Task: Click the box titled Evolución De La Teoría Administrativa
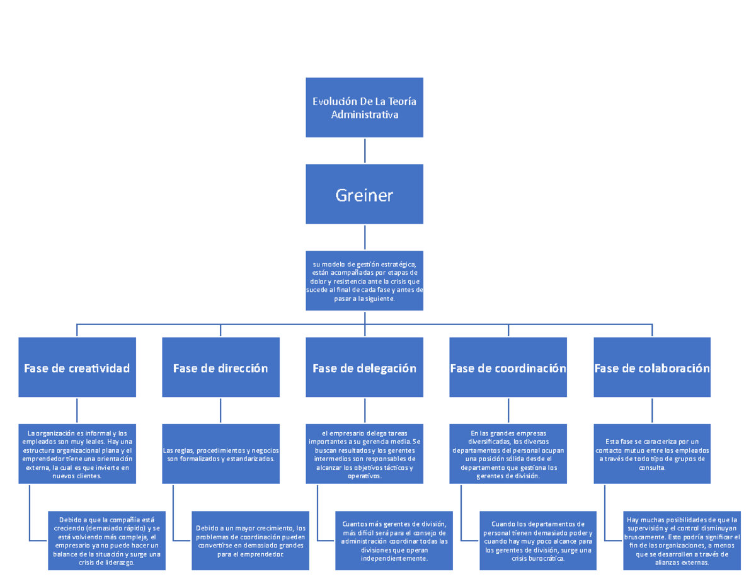click(364, 108)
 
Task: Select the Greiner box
click(364, 195)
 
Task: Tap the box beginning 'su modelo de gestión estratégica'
click(364, 281)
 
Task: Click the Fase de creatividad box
click(77, 367)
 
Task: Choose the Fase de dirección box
click(220, 367)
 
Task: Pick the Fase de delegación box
click(364, 367)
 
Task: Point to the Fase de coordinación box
click(508, 367)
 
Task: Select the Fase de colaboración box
click(652, 367)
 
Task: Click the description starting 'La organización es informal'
click(77, 454)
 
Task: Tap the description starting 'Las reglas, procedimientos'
click(220, 454)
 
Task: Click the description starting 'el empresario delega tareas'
click(364, 454)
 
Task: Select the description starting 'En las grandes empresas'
click(508, 454)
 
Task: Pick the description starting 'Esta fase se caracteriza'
click(652, 454)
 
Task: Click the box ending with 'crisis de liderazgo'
click(106, 540)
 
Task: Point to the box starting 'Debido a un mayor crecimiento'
click(250, 540)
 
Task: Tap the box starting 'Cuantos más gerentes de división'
click(394, 540)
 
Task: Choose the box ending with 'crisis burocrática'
click(538, 540)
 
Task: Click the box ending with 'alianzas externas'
click(682, 540)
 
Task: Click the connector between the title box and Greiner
click(365, 151)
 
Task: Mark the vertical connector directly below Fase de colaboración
click(652, 410)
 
